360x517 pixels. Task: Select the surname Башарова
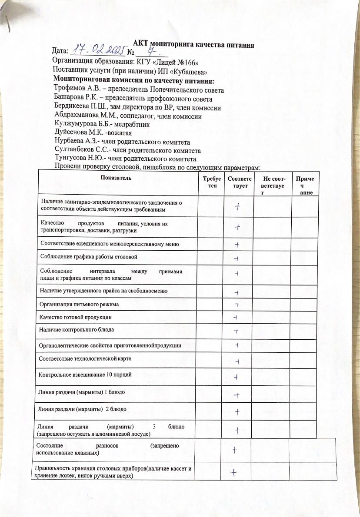(x=70, y=99)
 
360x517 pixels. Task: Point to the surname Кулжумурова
(x=75, y=124)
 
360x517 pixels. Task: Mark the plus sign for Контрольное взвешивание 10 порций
(x=237, y=376)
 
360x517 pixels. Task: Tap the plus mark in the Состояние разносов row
(x=235, y=450)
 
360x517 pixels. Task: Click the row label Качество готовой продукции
(x=76, y=317)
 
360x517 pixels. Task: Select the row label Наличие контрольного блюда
(x=77, y=330)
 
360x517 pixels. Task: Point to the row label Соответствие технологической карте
(x=85, y=359)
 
